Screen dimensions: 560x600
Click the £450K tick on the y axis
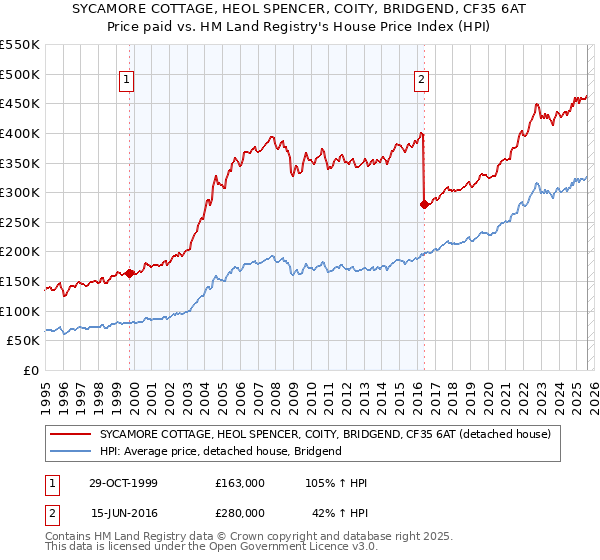(x=20, y=103)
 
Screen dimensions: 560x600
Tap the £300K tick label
(x=20, y=192)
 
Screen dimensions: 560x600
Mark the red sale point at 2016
(x=424, y=204)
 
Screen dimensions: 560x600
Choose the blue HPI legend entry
(x=220, y=451)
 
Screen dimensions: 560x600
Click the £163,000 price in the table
(x=240, y=483)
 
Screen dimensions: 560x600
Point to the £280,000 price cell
(x=240, y=511)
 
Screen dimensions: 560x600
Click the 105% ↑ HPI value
(x=337, y=483)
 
